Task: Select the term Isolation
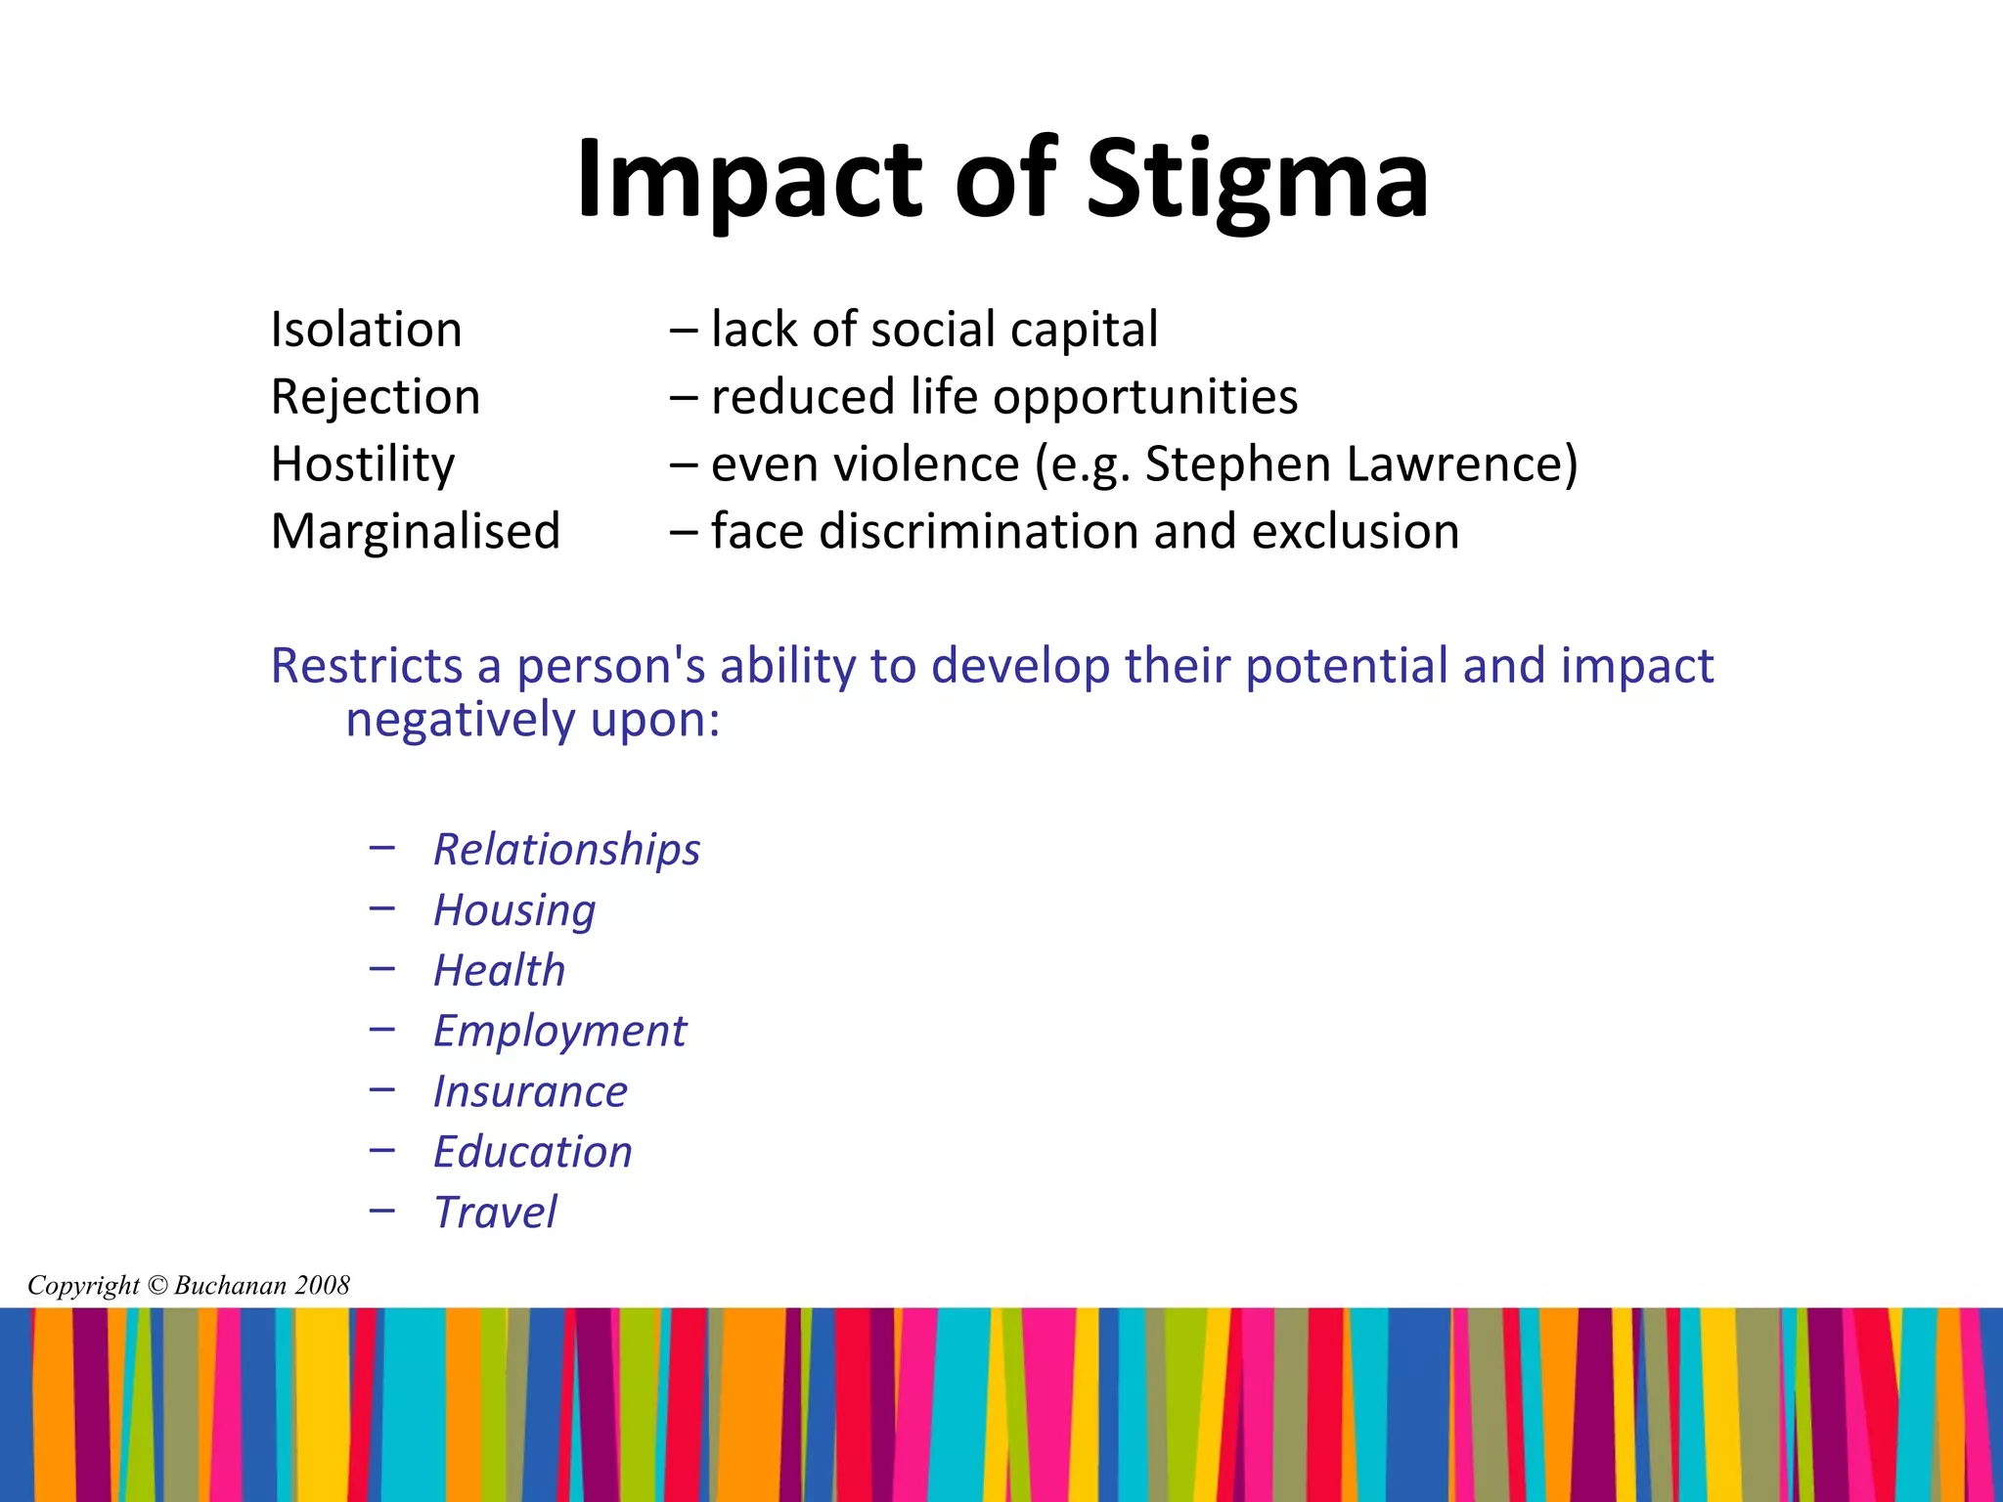click(x=366, y=330)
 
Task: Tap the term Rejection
click(x=376, y=397)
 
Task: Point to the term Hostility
click(x=363, y=464)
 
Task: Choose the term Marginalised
click(x=416, y=532)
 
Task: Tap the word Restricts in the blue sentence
click(x=366, y=666)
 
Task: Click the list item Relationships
click(x=566, y=849)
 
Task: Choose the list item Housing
click(x=514, y=910)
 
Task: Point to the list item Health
click(x=499, y=971)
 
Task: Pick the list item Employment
click(x=559, y=1032)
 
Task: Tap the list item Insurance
click(x=530, y=1092)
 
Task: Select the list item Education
click(x=533, y=1153)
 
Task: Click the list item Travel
click(x=495, y=1214)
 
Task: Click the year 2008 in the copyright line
click(x=322, y=1285)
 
